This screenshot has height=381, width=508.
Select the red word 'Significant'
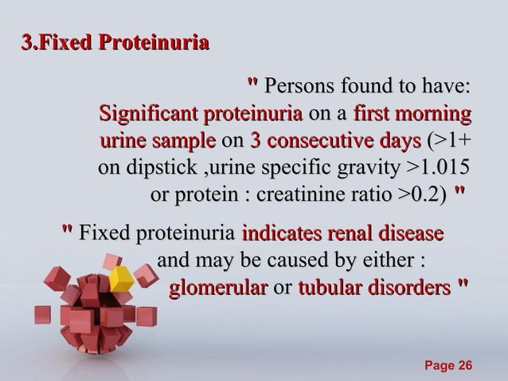(149, 113)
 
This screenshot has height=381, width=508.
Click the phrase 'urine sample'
(157, 141)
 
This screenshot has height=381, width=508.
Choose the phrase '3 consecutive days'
(335, 141)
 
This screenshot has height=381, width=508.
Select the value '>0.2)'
(421, 195)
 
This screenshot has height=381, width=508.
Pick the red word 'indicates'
(276, 234)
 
